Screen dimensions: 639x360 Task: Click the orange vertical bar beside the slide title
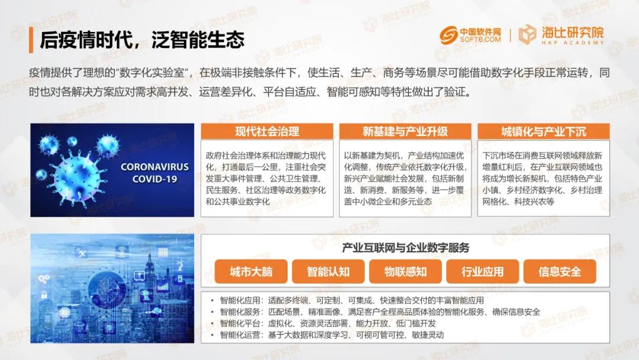tap(31, 40)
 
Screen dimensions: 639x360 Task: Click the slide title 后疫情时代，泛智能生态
tap(142, 40)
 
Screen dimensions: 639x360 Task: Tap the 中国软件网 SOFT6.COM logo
tap(470, 35)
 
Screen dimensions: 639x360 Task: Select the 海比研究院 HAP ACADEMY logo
tap(561, 35)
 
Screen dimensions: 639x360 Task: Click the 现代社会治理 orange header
tap(267, 131)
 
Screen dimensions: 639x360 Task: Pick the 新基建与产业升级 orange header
tap(405, 131)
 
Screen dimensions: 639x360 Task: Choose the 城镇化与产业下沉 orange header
tap(544, 131)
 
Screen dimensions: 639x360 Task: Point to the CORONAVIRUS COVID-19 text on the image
tap(155, 172)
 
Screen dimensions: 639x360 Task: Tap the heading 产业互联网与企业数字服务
tap(405, 247)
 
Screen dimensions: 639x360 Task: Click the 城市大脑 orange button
tap(251, 272)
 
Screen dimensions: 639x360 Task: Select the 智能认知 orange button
tap(328, 272)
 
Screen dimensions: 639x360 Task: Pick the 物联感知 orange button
tap(405, 272)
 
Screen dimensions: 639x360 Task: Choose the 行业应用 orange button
tap(483, 272)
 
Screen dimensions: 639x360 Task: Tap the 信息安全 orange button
tap(560, 272)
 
